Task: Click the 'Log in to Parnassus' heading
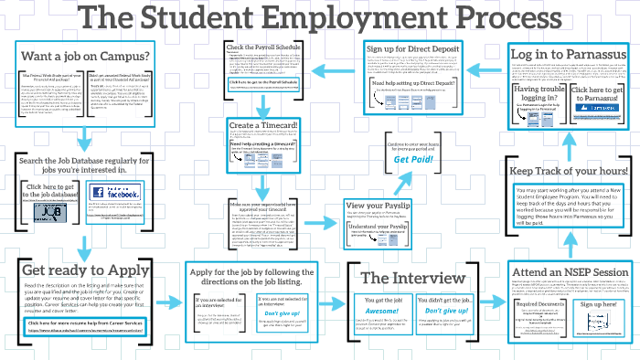click(x=567, y=54)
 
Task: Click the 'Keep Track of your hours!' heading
click(x=568, y=171)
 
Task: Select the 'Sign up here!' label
click(x=599, y=303)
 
